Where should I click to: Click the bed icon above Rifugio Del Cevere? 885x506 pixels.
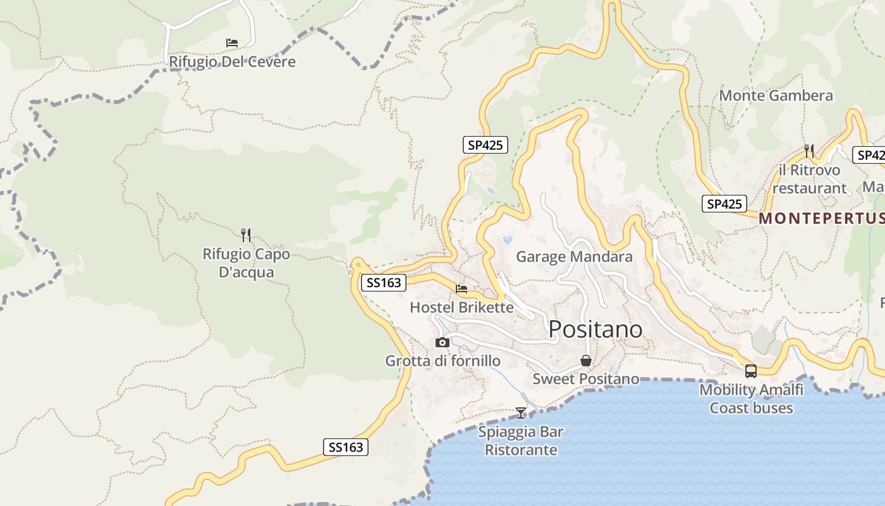[x=232, y=43]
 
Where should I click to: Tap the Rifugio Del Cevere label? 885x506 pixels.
[x=232, y=62]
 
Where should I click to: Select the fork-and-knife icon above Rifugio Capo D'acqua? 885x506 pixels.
[x=246, y=235]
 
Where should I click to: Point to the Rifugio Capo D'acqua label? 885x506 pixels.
[x=246, y=263]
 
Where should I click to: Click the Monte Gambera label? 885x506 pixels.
[x=776, y=96]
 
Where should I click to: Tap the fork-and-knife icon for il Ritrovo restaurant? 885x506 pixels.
[x=809, y=151]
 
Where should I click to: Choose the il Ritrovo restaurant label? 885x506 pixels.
[x=809, y=179]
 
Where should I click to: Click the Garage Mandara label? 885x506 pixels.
[x=574, y=256]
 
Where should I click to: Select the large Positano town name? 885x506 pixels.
[x=595, y=329]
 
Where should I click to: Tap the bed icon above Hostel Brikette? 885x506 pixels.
[x=461, y=289]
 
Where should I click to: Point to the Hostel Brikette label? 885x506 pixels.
[x=461, y=307]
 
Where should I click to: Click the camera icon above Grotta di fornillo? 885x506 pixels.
[x=442, y=343]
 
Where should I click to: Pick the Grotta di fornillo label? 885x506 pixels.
[x=442, y=361]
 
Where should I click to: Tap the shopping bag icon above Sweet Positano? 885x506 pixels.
[x=586, y=361]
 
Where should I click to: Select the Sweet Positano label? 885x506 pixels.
[x=586, y=379]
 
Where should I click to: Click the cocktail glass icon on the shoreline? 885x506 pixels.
[x=521, y=413]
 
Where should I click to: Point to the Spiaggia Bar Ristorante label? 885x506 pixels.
[x=521, y=441]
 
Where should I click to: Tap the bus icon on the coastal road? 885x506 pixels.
[x=751, y=371]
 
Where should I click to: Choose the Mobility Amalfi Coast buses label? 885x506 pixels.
[x=751, y=398]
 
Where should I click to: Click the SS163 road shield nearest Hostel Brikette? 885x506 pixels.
[x=384, y=283]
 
